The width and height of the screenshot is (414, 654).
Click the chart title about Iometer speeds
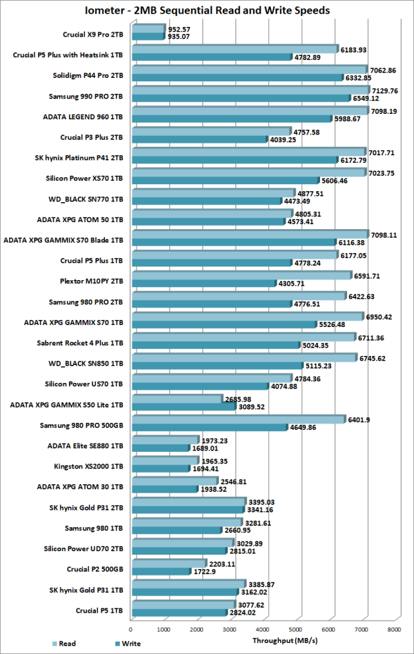pyautogui.click(x=206, y=10)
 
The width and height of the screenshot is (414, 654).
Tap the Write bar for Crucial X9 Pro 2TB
pyautogui.click(x=147, y=37)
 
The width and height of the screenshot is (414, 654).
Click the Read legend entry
pyautogui.click(x=66, y=644)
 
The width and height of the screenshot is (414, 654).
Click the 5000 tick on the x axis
pyautogui.click(x=295, y=629)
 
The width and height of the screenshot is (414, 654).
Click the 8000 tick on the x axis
pyautogui.click(x=394, y=629)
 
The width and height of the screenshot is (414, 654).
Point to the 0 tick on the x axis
pyautogui.click(x=131, y=629)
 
